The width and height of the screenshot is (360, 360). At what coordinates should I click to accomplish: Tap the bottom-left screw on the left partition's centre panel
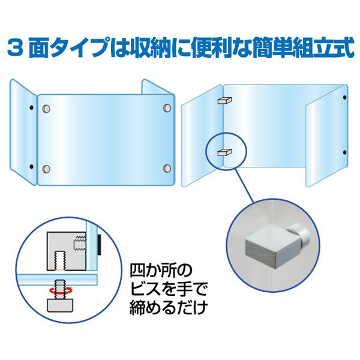pyautogui.click(x=47, y=168)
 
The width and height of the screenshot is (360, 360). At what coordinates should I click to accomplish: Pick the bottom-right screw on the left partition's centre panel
pyautogui.click(x=166, y=168)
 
